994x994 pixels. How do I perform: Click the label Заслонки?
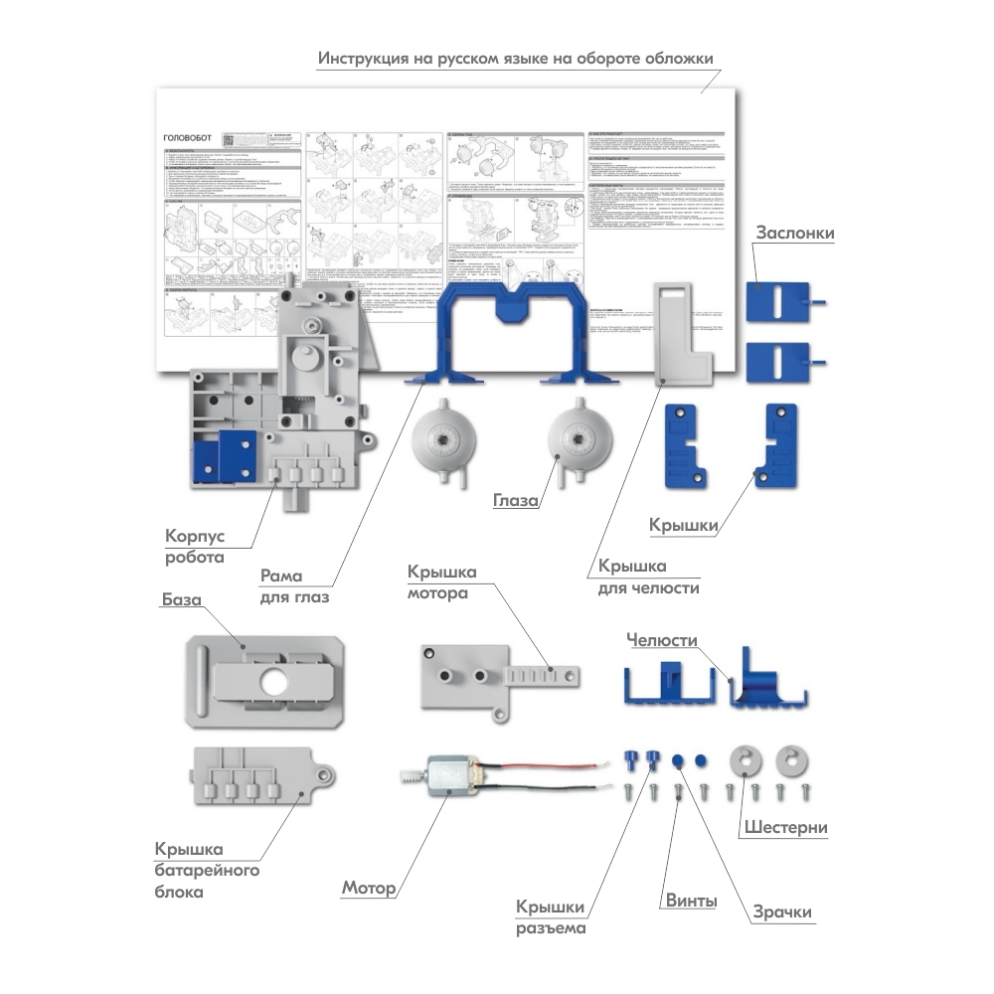pyautogui.click(x=794, y=233)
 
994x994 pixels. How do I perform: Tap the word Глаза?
pyautogui.click(x=516, y=500)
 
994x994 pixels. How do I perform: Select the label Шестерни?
pyautogui.click(x=786, y=827)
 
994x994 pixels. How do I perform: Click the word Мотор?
pyautogui.click(x=369, y=888)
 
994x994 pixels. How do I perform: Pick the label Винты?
pyautogui.click(x=690, y=902)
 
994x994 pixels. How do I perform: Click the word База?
pyautogui.click(x=181, y=600)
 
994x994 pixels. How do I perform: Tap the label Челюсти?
pyautogui.click(x=662, y=640)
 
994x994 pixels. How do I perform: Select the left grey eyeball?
pyautogui.click(x=438, y=436)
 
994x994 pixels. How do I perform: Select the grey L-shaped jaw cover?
pyautogui.click(x=686, y=338)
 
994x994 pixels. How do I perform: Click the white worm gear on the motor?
pyautogui.click(x=409, y=776)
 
